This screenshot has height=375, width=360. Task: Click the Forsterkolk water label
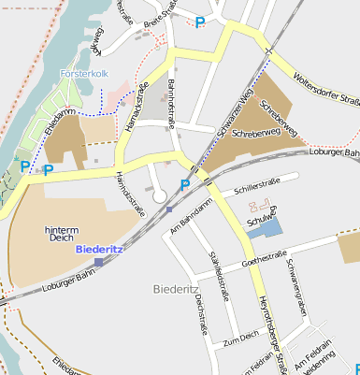point(84,73)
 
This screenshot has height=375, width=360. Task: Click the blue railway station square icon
point(98,263)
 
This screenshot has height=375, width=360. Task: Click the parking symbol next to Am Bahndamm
point(184,184)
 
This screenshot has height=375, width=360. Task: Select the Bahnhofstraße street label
point(171,104)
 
